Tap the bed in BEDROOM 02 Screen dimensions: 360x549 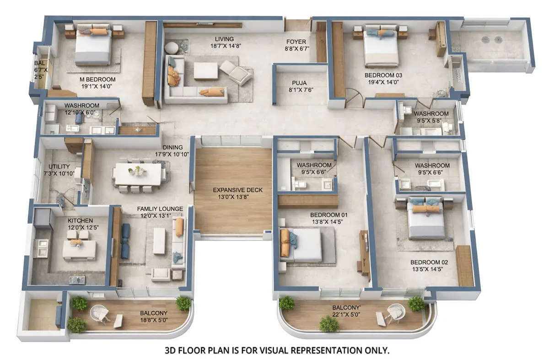point(426,221)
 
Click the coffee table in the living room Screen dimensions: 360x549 point(205,71)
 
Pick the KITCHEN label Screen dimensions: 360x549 point(80,220)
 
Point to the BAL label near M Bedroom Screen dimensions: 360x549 point(39,64)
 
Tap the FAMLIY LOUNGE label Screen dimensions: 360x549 point(160,209)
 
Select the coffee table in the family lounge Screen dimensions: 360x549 point(159,241)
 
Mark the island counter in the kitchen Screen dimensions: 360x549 point(80,249)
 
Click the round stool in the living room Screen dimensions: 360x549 point(172,48)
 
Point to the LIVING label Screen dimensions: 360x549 point(224,39)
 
